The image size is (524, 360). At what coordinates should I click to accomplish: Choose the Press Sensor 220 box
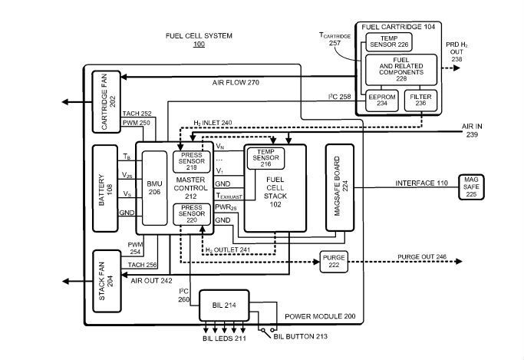click(187, 214)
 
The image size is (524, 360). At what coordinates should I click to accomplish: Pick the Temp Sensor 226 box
click(387, 42)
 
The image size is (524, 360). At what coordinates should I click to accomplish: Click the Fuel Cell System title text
click(199, 36)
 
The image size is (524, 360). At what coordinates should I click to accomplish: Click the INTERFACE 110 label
click(422, 184)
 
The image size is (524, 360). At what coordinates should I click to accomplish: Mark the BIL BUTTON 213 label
click(307, 335)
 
